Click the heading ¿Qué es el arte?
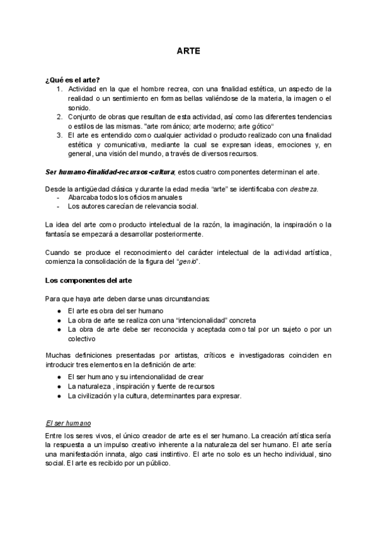[72, 80]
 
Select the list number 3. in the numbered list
[59, 134]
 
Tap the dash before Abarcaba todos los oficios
[59, 197]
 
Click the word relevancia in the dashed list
[168, 206]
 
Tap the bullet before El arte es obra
[59, 311]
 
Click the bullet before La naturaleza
[59, 386]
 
